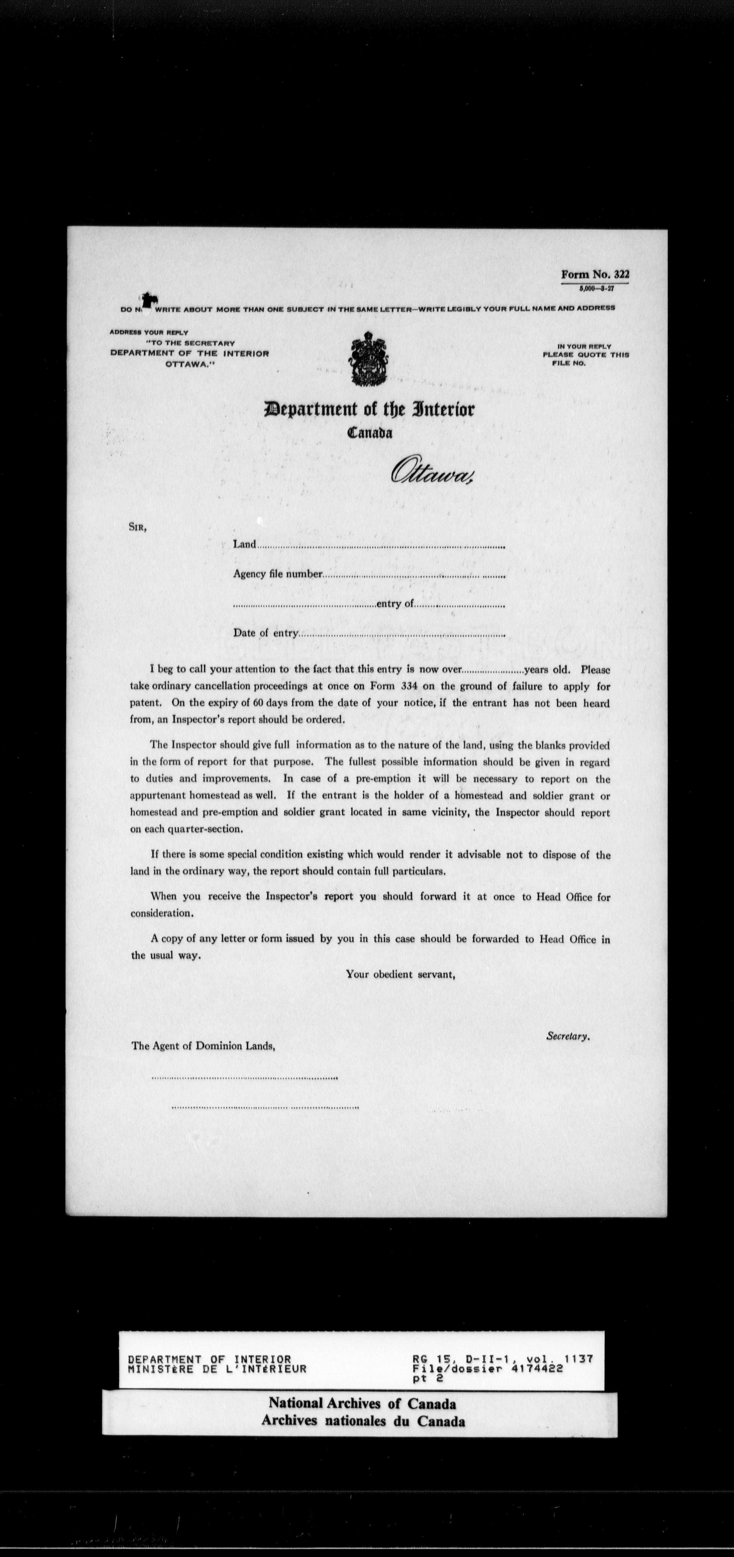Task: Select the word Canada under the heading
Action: [x=370, y=433]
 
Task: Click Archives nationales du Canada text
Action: [x=363, y=1421]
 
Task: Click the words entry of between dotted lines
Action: [x=395, y=604]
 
